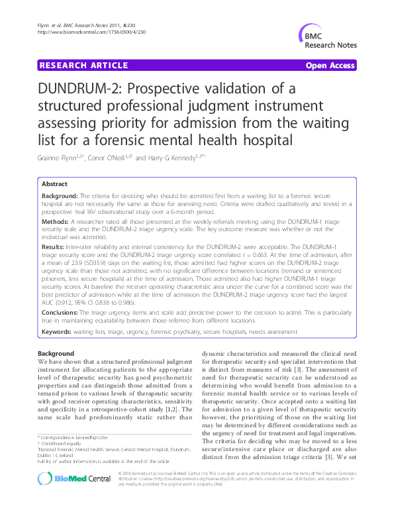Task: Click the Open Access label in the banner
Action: pyautogui.click(x=330, y=66)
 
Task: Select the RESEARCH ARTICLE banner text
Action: pyautogui.click(x=83, y=66)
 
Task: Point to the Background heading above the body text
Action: pyautogui.click(x=56, y=353)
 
